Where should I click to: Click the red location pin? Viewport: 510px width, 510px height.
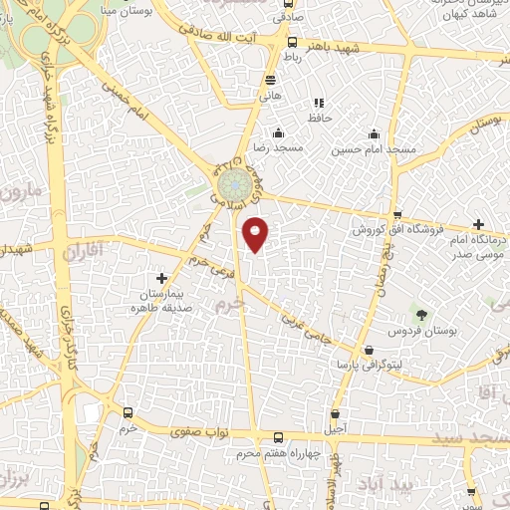[257, 234]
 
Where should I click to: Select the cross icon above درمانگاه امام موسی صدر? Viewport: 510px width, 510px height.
[479, 224]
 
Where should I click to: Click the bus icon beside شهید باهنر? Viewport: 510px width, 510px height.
[292, 43]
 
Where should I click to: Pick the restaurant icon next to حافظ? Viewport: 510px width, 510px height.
[319, 103]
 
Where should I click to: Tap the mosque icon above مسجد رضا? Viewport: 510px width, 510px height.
[278, 132]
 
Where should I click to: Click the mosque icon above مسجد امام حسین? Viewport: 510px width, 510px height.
[374, 134]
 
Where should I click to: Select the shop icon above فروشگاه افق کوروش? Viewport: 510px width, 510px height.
[397, 216]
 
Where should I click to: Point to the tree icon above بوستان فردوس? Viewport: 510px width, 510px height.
[422, 316]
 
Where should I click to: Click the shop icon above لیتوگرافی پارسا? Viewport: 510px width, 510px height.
[371, 351]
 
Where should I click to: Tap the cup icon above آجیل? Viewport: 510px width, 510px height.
[335, 413]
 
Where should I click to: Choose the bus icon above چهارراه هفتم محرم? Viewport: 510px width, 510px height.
[277, 438]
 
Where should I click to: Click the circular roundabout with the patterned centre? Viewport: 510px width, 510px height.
[234, 185]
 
